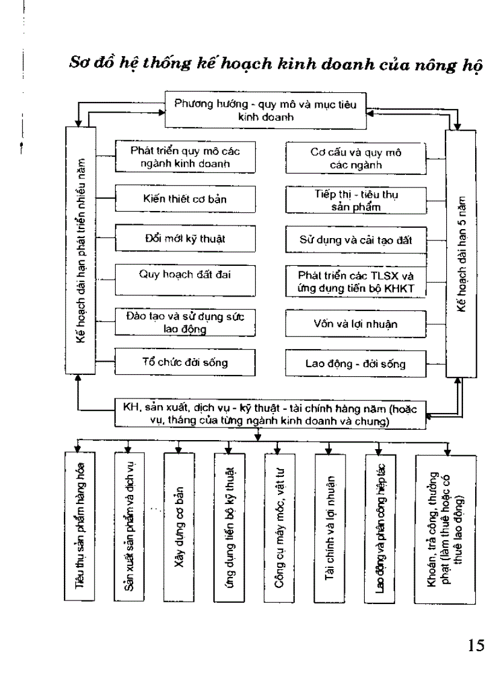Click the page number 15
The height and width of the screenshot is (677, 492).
point(476,646)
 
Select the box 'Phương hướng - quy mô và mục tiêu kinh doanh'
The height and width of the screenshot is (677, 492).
point(265,110)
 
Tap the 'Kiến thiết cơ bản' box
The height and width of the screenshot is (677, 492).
point(185,198)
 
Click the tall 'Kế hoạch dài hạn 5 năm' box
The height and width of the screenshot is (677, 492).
point(461,253)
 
